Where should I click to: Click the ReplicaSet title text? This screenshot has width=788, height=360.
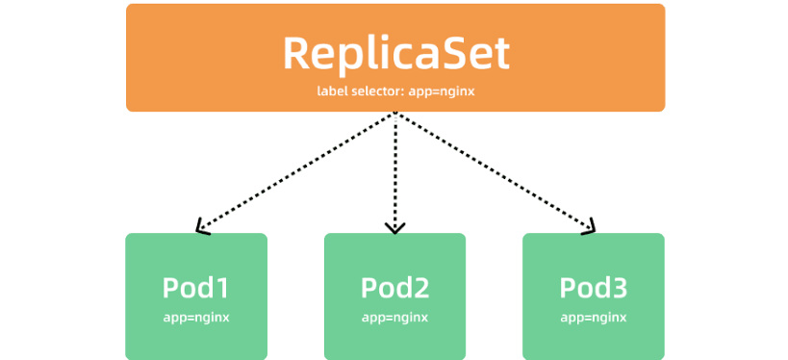coord(396,53)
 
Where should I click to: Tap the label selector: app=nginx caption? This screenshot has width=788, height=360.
coord(395,91)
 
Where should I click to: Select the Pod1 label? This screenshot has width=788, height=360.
coord(196,288)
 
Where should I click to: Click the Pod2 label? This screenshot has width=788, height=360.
coord(395,288)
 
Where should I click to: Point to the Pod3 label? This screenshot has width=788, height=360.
coord(594,288)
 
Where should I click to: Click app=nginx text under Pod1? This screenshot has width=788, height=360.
coord(196,318)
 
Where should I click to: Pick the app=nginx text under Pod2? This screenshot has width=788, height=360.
coord(395,318)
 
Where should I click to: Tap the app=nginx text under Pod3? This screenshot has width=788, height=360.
coord(594,318)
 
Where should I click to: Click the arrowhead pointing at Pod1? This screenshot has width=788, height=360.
coord(200,228)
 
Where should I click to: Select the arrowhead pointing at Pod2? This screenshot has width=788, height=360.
coord(395,229)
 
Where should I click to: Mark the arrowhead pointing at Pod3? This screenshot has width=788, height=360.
coord(591,228)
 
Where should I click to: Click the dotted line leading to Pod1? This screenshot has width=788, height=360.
coord(296,171)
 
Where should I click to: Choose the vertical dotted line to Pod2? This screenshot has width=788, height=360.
coord(395,172)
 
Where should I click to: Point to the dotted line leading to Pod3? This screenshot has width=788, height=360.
coord(494,171)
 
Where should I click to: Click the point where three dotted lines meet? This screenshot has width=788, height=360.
coord(395,114)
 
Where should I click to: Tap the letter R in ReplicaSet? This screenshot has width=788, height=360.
coord(296,53)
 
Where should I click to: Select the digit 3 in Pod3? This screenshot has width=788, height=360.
coord(620,288)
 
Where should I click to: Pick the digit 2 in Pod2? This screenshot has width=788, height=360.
coord(421,288)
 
